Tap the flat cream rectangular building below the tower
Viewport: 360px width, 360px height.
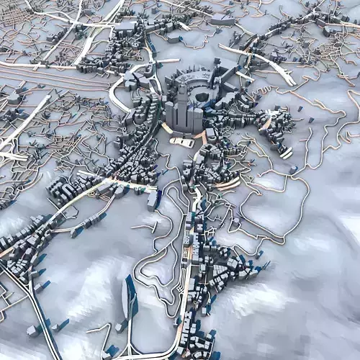181,142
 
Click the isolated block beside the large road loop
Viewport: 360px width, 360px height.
294,170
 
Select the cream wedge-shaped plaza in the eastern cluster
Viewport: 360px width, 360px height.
266,122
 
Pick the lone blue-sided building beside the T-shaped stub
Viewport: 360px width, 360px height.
156,200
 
